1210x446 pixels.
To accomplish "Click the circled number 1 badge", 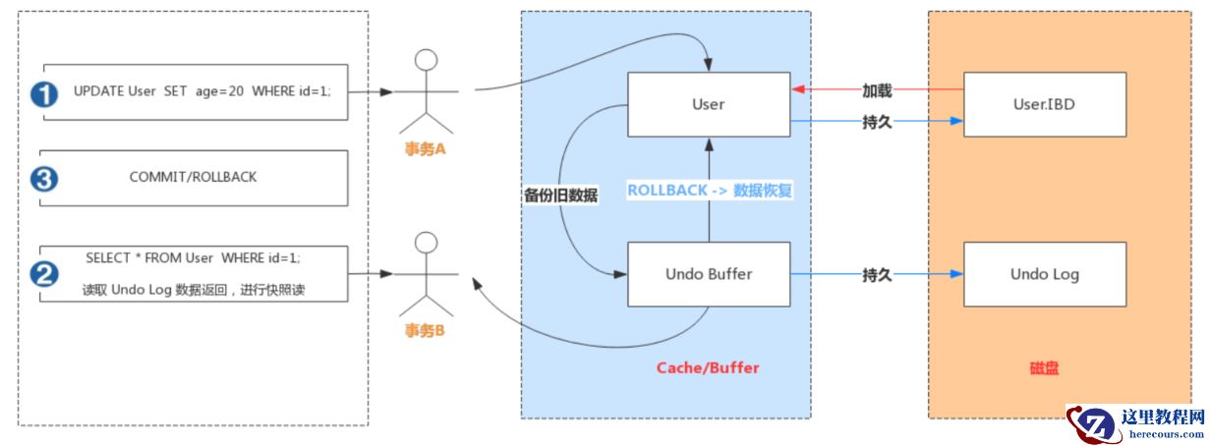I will (44, 93).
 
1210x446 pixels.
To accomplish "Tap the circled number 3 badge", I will (44, 179).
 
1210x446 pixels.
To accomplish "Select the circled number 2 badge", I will (44, 274).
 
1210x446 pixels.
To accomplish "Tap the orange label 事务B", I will (427, 330).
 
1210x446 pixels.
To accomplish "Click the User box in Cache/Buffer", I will (708, 104).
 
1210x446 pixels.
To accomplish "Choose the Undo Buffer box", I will (708, 274).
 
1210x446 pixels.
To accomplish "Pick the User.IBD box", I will (1044, 103).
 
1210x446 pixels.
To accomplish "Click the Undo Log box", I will (1044, 274).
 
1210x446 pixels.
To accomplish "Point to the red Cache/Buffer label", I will (708, 368).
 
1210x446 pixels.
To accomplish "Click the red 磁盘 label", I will (1044, 368).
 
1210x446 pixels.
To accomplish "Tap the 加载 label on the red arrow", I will (877, 90).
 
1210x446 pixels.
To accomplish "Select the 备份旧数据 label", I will (561, 195).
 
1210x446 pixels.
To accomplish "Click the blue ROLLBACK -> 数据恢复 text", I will (709, 191).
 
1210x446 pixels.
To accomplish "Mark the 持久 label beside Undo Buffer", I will (877, 274).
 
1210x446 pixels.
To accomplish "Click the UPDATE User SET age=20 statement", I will (202, 91).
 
